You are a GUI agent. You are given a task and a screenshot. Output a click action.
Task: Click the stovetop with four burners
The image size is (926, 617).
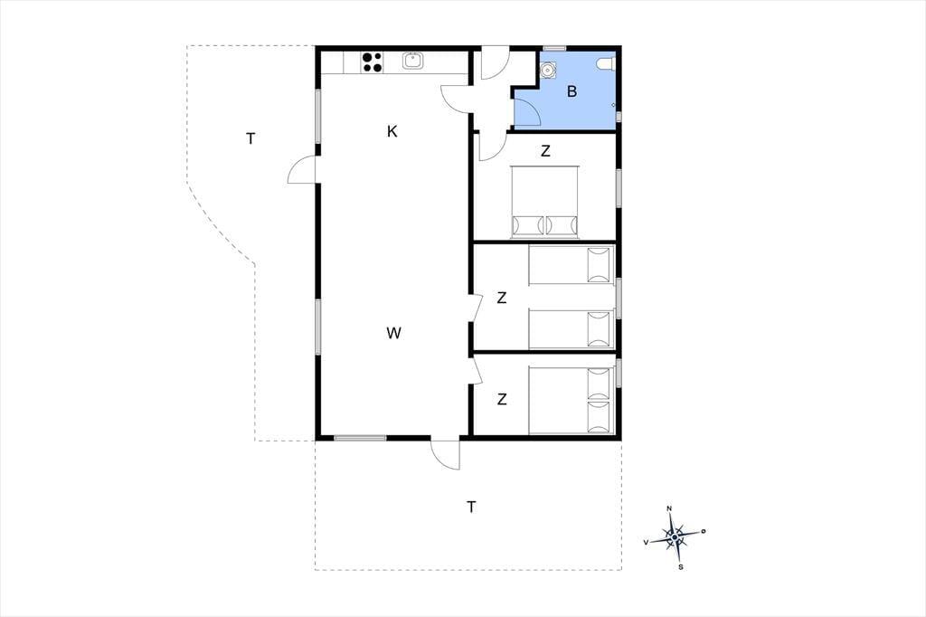click(x=372, y=62)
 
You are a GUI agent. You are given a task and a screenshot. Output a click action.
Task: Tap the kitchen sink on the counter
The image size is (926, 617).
click(x=412, y=61)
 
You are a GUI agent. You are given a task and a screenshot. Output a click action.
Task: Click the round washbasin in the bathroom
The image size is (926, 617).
click(x=549, y=70)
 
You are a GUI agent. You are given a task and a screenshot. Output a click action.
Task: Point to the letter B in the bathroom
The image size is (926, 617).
click(x=572, y=91)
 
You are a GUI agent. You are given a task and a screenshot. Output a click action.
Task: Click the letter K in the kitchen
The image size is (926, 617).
click(x=392, y=131)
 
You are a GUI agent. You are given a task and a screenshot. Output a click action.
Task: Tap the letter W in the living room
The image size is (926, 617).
click(x=394, y=333)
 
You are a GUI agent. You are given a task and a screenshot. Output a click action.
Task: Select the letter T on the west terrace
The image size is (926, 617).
click(x=251, y=139)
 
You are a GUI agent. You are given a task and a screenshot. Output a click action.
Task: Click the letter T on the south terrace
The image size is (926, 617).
click(x=471, y=507)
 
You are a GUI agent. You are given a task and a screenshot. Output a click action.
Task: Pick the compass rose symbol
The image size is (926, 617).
click(x=675, y=537)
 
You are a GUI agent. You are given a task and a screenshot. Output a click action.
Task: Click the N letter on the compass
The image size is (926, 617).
click(x=669, y=508)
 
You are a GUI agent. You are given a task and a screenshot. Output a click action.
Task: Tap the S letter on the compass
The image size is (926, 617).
click(x=681, y=567)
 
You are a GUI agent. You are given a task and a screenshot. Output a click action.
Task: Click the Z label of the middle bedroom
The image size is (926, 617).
click(x=501, y=298)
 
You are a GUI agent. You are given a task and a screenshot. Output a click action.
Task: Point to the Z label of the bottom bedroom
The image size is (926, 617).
click(x=501, y=400)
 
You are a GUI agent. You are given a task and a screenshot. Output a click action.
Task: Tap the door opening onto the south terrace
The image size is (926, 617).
click(x=445, y=455)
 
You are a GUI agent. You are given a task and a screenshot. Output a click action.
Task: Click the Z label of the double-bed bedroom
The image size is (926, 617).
click(x=545, y=151)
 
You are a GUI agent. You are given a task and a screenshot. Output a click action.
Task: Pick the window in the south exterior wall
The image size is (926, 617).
click(x=360, y=438)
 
